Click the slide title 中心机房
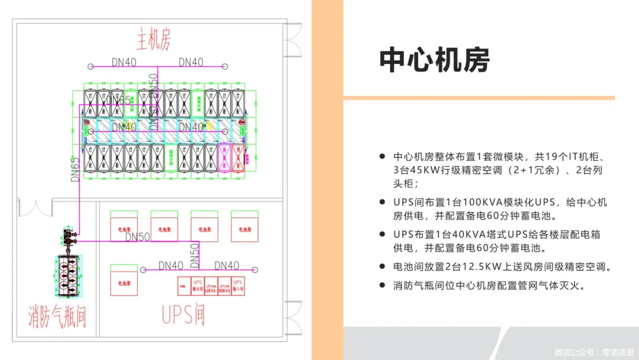click(434, 60)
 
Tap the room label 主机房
click(154, 41)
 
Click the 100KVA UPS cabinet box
click(224, 287)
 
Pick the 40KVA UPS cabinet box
click(211, 287)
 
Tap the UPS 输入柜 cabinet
click(238, 286)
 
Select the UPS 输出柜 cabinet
click(198, 287)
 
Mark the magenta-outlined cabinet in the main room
click(224, 157)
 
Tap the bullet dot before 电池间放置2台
click(382, 267)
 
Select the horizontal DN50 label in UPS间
click(137, 237)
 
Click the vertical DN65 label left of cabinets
click(75, 169)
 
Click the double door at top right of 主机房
click(293, 40)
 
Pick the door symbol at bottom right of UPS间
click(293, 320)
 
